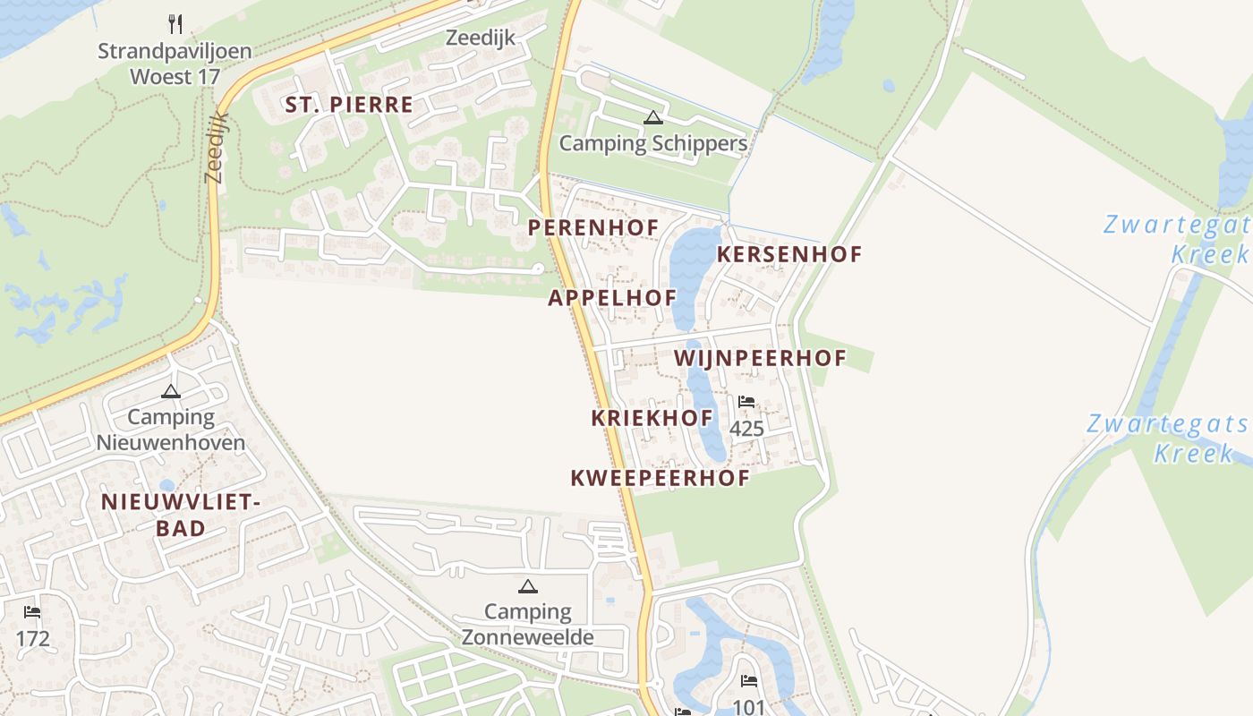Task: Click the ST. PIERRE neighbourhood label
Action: (349, 105)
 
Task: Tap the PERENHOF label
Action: (592, 228)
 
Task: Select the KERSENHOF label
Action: (789, 254)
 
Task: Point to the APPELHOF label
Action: (612, 299)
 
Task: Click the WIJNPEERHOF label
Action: (760, 359)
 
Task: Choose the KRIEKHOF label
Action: (652, 418)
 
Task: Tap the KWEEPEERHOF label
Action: (660, 478)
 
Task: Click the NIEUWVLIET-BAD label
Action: (180, 515)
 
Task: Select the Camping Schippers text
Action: (653, 143)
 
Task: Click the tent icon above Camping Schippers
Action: (653, 117)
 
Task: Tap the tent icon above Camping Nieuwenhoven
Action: (171, 391)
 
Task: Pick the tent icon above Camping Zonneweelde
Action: (528, 586)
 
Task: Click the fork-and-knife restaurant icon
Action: (175, 23)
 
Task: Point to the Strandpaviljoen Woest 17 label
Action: (175, 64)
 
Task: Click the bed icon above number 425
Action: (746, 403)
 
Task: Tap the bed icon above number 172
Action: (32, 612)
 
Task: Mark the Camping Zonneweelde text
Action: (528, 625)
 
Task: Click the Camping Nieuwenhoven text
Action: (171, 430)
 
